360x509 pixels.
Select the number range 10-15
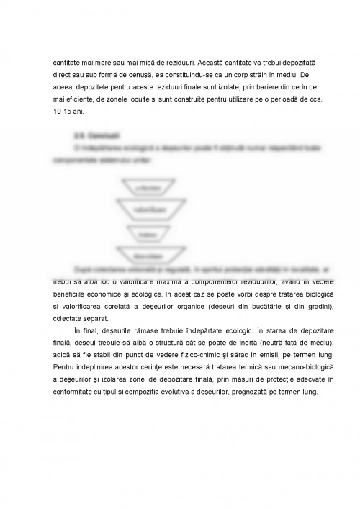point(63,111)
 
